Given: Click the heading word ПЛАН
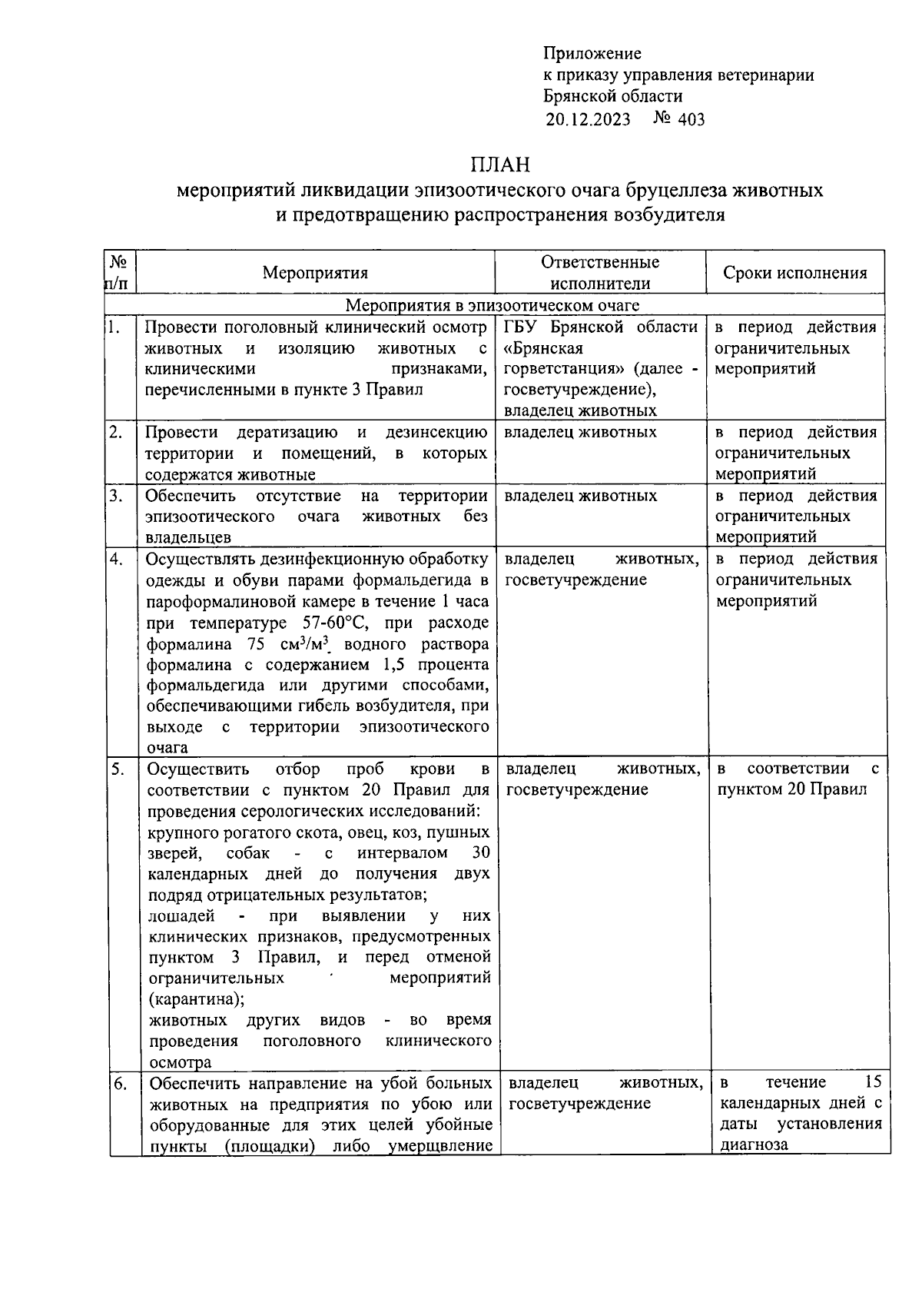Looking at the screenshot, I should click(x=500, y=165).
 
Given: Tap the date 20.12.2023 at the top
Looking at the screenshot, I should click(x=588, y=119).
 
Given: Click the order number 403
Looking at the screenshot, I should click(x=691, y=119).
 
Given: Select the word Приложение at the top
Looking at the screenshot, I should click(x=592, y=53).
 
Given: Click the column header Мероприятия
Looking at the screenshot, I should click(x=315, y=273).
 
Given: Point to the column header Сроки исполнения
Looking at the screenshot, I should click(x=795, y=273).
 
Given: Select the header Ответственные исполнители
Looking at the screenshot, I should click(x=600, y=273).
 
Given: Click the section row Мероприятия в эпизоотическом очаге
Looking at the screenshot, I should click(x=492, y=306).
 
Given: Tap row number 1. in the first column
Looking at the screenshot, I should click(x=114, y=327).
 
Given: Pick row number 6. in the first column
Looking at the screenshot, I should click(x=119, y=1085).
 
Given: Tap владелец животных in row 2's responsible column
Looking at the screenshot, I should click(x=580, y=432).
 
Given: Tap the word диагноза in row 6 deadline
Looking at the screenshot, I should click(x=755, y=1144).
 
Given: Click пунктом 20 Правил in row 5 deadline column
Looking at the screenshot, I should click(x=791, y=789).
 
